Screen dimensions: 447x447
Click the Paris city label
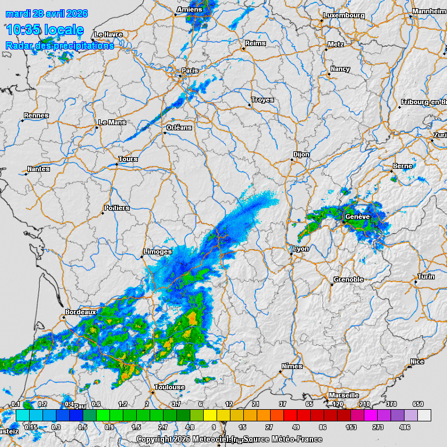[190, 71]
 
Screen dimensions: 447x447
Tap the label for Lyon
[301, 249]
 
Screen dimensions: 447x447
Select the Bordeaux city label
[80, 313]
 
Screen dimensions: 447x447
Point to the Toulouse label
[170, 387]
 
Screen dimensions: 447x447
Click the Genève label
[357, 217]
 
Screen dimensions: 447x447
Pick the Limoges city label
[158, 251]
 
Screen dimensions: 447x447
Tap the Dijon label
[301, 154]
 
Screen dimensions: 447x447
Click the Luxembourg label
[343, 15]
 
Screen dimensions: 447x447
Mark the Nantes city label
[39, 169]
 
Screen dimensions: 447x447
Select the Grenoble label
[349, 279]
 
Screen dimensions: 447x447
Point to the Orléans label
[179, 127]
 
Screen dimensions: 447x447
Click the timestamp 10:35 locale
[44, 30]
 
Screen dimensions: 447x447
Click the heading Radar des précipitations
[59, 45]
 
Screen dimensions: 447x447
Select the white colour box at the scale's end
[424, 415]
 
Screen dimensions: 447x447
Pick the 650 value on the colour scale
[418, 404]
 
